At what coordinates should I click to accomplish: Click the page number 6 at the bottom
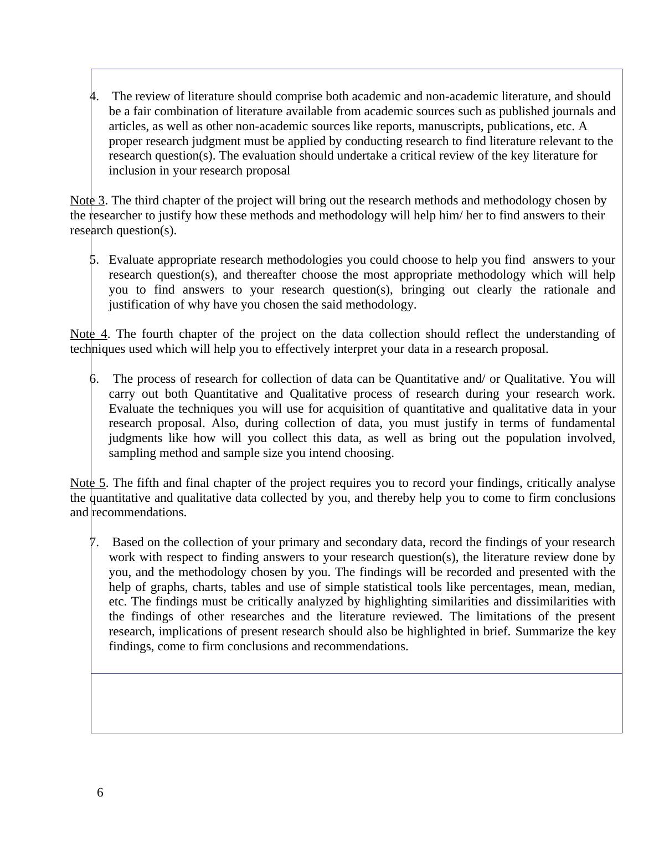100,793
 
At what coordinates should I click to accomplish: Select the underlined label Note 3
87,201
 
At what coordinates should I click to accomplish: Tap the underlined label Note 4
89,334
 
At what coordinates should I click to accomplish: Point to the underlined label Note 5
88,483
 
